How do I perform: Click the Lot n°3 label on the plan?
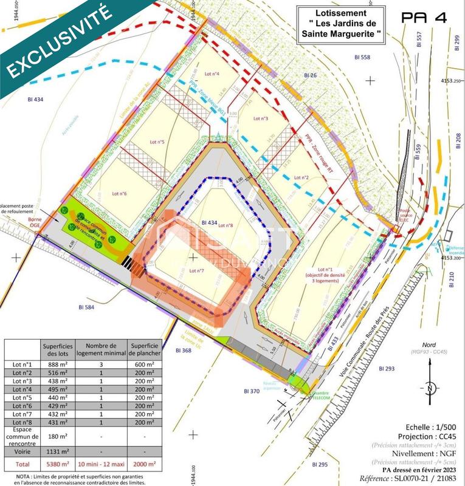pyautogui.click(x=260, y=118)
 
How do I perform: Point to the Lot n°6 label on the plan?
pyautogui.click(x=119, y=194)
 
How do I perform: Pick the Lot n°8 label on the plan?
pyautogui.click(x=226, y=226)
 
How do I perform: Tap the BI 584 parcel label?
pyautogui.click(x=80, y=308)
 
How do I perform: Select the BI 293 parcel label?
pyautogui.click(x=387, y=369)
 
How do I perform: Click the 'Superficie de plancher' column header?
pyautogui.click(x=145, y=349)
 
